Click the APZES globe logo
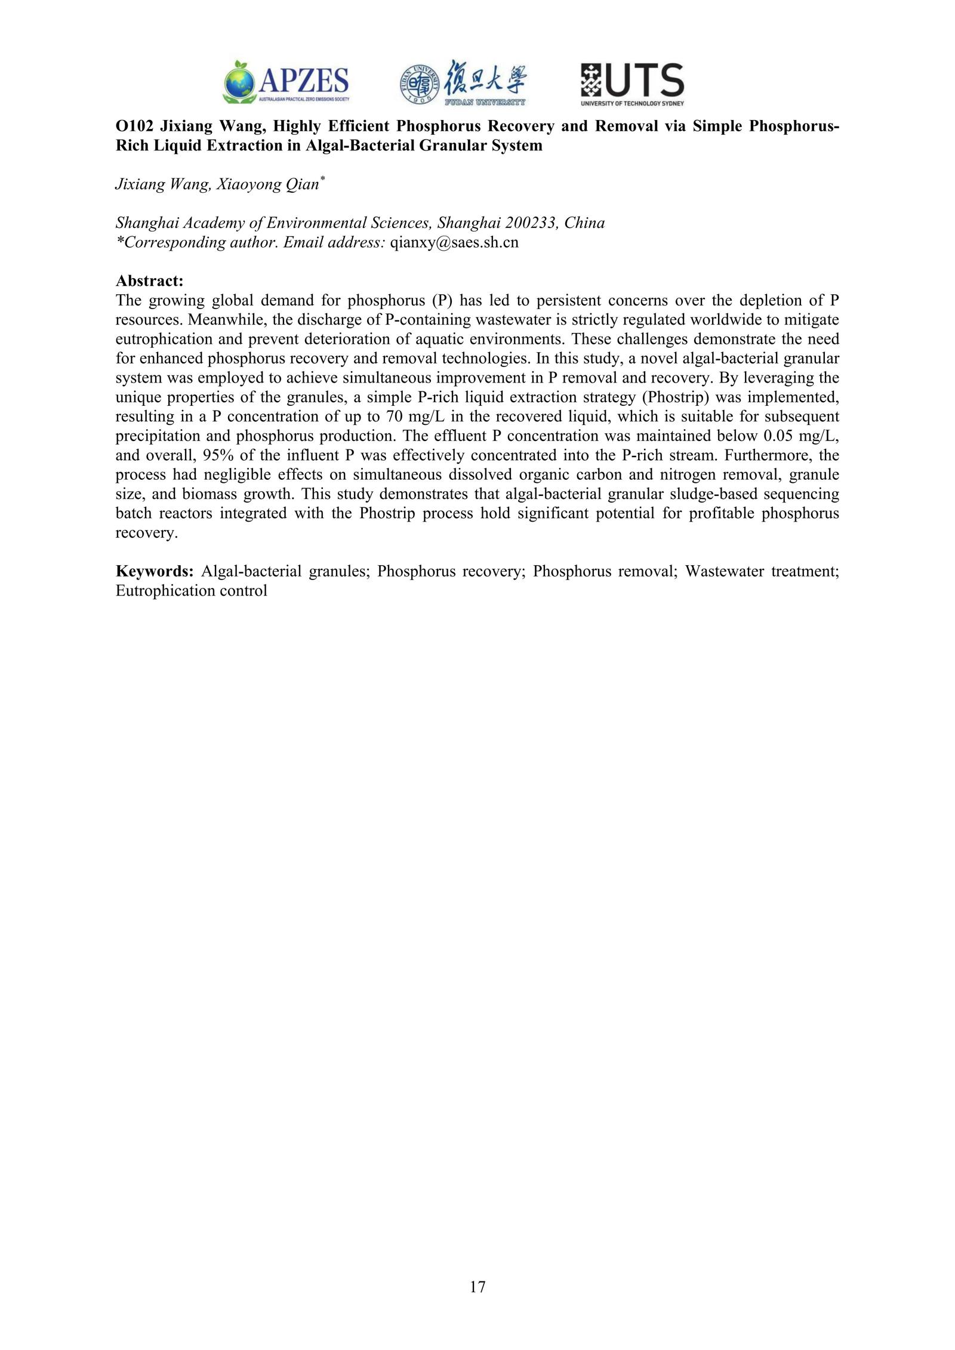239,82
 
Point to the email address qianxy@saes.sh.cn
454,242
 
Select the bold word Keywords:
154,571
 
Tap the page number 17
478,1286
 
